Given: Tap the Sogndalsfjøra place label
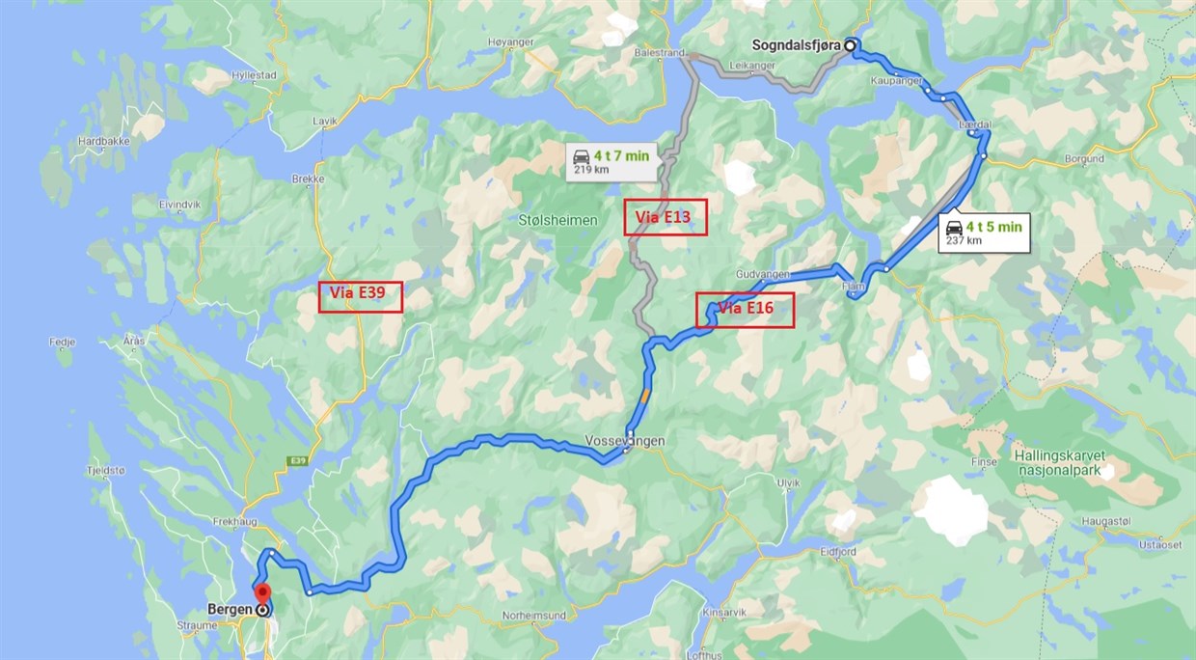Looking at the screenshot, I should (x=797, y=44).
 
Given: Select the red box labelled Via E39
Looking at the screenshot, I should (x=360, y=296).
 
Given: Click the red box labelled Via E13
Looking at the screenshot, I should (x=666, y=217).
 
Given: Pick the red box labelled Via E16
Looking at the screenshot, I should (x=746, y=309).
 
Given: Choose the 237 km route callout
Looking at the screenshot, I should (x=983, y=232).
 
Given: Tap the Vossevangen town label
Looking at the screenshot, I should (x=624, y=441).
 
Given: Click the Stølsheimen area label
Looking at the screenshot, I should (x=558, y=220).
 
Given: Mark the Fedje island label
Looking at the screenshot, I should (x=61, y=341).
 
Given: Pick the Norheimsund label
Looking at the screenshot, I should (x=533, y=615).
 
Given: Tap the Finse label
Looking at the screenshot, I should (x=984, y=462).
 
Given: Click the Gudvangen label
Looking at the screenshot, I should (x=762, y=274).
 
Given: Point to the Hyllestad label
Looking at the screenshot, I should (x=253, y=73).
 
